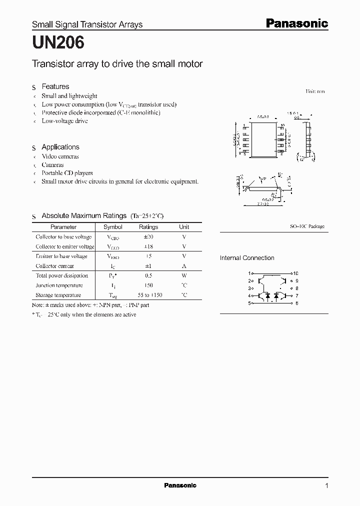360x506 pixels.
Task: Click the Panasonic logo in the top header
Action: (x=296, y=23)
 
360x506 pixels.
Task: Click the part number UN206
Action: (x=58, y=43)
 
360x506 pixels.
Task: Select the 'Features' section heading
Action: (x=55, y=86)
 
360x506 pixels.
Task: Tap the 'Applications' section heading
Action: (x=60, y=147)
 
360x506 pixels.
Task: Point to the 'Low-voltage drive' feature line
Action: (x=64, y=121)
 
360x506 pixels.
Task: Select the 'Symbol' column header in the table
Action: (x=112, y=227)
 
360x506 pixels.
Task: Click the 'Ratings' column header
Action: (x=148, y=227)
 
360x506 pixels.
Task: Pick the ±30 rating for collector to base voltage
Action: (x=148, y=237)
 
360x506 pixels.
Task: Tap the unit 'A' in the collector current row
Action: (x=184, y=266)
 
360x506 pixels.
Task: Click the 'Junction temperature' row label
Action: (x=59, y=285)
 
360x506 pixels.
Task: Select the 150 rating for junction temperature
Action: (x=148, y=285)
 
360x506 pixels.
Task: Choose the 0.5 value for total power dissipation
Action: (x=148, y=275)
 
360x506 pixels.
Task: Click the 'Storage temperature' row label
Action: (x=58, y=295)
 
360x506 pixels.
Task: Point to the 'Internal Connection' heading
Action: (x=247, y=258)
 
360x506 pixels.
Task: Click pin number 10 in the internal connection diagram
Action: (x=295, y=273)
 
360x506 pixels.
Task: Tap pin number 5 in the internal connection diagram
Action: (x=249, y=303)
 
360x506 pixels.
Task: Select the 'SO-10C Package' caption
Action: (x=307, y=226)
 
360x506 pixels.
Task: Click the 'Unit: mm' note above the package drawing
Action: (x=315, y=91)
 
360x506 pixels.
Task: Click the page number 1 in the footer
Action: (x=326, y=485)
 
